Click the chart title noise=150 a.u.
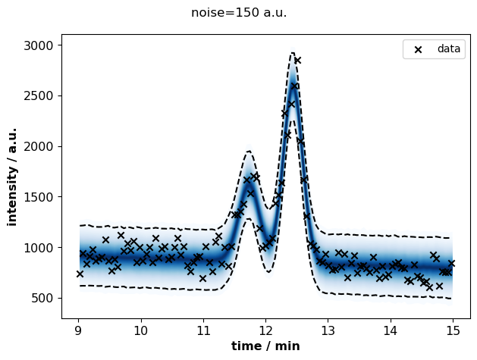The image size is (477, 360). [x=239, y=13]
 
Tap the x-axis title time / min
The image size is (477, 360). [x=265, y=346]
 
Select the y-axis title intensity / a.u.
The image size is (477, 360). [x=12, y=177]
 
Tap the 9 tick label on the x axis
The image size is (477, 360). [x=78, y=330]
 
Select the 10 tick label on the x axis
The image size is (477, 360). [x=141, y=330]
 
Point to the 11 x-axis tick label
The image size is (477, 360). [x=203, y=330]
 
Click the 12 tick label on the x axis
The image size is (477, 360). [x=265, y=330]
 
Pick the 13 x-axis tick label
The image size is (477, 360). [x=328, y=330]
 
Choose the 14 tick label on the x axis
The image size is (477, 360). [x=391, y=330]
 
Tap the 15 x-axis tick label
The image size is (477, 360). [x=453, y=330]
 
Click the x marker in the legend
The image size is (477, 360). [x=419, y=49]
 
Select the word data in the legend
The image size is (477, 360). [x=449, y=49]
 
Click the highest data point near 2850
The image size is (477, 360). [x=297, y=60]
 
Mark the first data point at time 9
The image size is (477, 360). [x=80, y=274]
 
